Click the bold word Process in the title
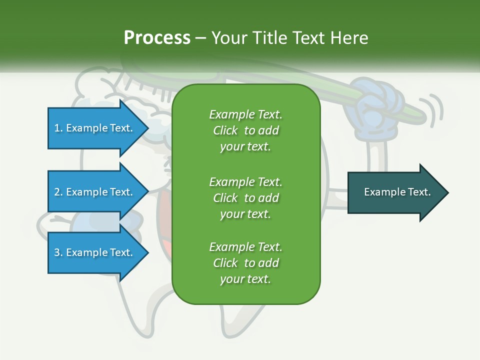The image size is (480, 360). click(x=157, y=38)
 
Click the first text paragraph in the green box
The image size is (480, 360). click(x=245, y=130)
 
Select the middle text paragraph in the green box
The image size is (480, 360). click(x=245, y=197)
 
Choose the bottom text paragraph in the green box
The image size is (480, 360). click(x=245, y=263)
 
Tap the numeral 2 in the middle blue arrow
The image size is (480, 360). click(x=57, y=192)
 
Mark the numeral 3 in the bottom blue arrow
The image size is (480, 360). click(x=57, y=252)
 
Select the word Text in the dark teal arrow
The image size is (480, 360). click(x=419, y=192)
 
